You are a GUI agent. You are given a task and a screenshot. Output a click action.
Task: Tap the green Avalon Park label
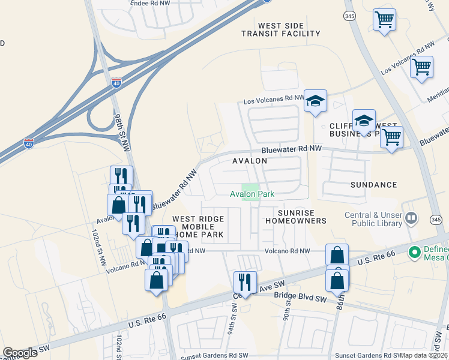[x=252, y=194]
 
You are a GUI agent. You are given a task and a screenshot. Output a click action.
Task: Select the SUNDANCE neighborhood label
[x=373, y=185]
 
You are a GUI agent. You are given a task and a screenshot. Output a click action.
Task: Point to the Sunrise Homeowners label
[x=302, y=217]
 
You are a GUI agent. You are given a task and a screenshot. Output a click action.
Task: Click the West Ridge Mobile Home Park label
[x=197, y=227]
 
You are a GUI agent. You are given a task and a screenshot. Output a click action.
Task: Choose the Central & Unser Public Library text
[x=373, y=219]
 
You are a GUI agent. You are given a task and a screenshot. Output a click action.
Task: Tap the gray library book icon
[x=411, y=218]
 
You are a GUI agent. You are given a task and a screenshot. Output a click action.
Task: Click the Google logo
[x=20, y=352]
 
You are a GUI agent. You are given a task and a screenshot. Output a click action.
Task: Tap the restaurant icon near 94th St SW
[x=245, y=281]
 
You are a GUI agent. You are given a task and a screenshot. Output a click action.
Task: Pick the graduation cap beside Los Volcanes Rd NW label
[x=315, y=101]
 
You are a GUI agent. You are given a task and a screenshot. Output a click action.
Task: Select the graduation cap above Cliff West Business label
[x=364, y=121]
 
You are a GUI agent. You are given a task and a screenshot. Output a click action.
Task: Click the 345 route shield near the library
[x=436, y=220]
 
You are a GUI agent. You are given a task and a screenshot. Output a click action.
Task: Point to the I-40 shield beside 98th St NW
[x=116, y=83]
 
